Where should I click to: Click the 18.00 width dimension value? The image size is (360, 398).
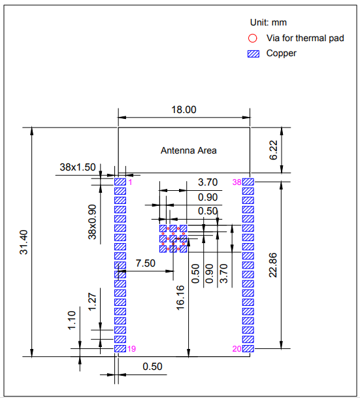(x=184, y=110)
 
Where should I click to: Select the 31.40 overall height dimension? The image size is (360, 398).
(x=24, y=242)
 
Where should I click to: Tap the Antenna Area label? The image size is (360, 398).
(x=189, y=150)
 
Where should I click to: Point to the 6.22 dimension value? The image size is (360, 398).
(x=273, y=150)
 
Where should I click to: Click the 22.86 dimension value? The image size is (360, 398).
(x=273, y=265)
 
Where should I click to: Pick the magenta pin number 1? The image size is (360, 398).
(x=130, y=182)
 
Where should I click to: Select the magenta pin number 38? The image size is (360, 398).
(x=237, y=182)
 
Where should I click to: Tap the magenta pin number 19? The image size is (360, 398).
(x=131, y=349)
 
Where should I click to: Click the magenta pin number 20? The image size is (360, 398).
(x=237, y=349)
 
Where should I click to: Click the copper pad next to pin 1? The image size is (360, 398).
(x=120, y=182)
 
